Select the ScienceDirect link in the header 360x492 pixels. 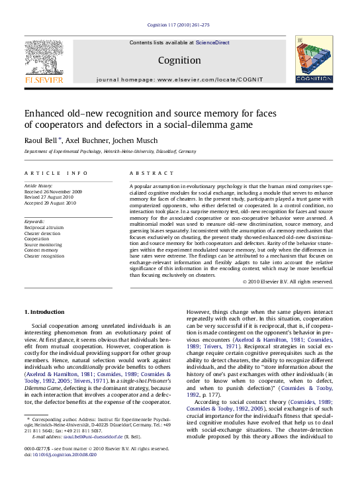point(212,42)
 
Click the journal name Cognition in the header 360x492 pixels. point(179,60)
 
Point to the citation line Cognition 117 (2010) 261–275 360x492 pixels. point(179,25)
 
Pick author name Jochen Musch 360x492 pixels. point(138,140)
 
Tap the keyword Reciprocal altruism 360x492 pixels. point(44,226)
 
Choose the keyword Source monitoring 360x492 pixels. point(43,244)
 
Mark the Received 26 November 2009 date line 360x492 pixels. point(54,192)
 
